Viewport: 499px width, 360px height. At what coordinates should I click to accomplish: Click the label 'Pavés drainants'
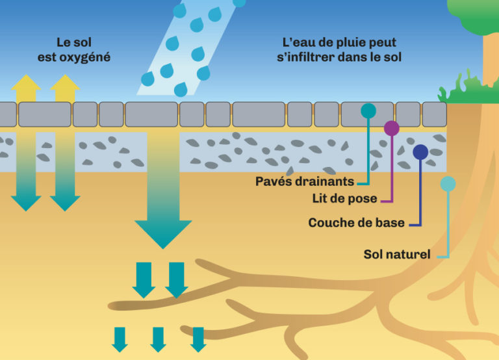coord(305,181)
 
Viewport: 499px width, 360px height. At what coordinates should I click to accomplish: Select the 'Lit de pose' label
coord(344,199)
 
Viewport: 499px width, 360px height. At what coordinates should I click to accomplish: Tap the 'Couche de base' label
coord(357,222)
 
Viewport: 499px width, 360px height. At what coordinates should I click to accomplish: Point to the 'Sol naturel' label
coord(397,254)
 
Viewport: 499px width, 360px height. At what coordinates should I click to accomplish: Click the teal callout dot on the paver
coord(368,110)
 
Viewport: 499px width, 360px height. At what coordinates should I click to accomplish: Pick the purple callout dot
coord(392,128)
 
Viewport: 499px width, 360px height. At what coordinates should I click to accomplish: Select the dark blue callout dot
coord(420,152)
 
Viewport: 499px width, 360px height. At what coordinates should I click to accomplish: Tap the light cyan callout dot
coord(448,184)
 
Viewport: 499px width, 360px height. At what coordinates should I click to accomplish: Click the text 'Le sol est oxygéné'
coord(74,49)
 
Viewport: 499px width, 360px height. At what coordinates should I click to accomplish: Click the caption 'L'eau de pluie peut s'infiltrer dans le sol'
coord(339,49)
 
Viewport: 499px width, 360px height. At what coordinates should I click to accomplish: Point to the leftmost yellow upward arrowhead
coord(26,83)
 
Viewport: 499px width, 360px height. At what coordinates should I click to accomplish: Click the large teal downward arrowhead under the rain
coord(163,235)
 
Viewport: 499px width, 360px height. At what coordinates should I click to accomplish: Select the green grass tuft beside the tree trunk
coord(466,88)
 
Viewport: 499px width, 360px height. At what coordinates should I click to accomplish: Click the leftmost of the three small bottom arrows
coord(120,340)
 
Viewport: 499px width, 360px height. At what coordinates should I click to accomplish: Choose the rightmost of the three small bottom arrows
coord(198,340)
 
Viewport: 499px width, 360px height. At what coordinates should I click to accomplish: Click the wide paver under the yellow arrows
coord(45,114)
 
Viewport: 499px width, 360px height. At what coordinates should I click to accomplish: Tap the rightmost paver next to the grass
coord(435,114)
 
